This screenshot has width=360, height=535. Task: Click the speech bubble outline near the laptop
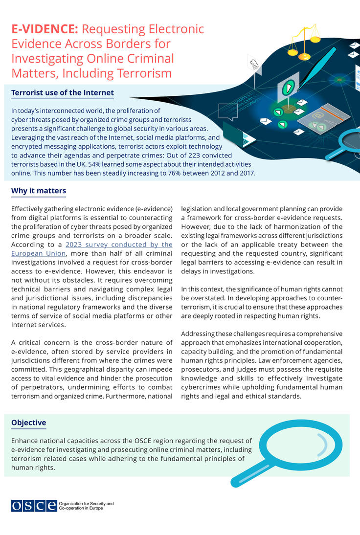tap(227, 111)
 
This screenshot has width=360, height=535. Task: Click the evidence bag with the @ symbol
tap(324, 119)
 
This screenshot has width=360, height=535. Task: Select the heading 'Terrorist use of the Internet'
tap(62, 92)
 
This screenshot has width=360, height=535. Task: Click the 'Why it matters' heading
tap(38, 191)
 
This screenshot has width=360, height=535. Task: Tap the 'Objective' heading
tap(28, 423)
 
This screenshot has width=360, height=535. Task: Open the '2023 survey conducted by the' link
tap(119, 244)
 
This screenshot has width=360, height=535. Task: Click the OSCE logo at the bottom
tap(34, 506)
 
